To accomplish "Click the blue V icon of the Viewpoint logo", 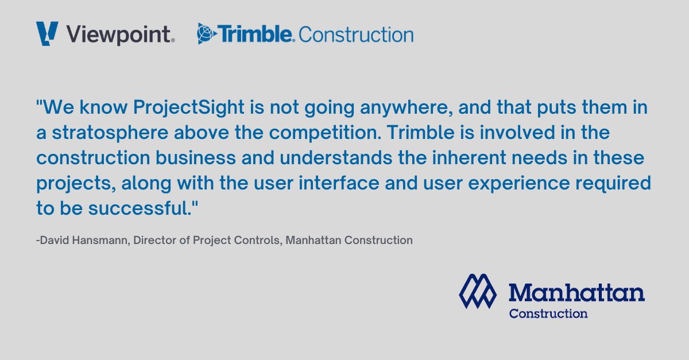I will tap(47, 33).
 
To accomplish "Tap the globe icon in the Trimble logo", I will tap(207, 34).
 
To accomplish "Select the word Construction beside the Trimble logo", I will tap(356, 34).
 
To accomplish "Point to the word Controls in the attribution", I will tap(242, 240).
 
